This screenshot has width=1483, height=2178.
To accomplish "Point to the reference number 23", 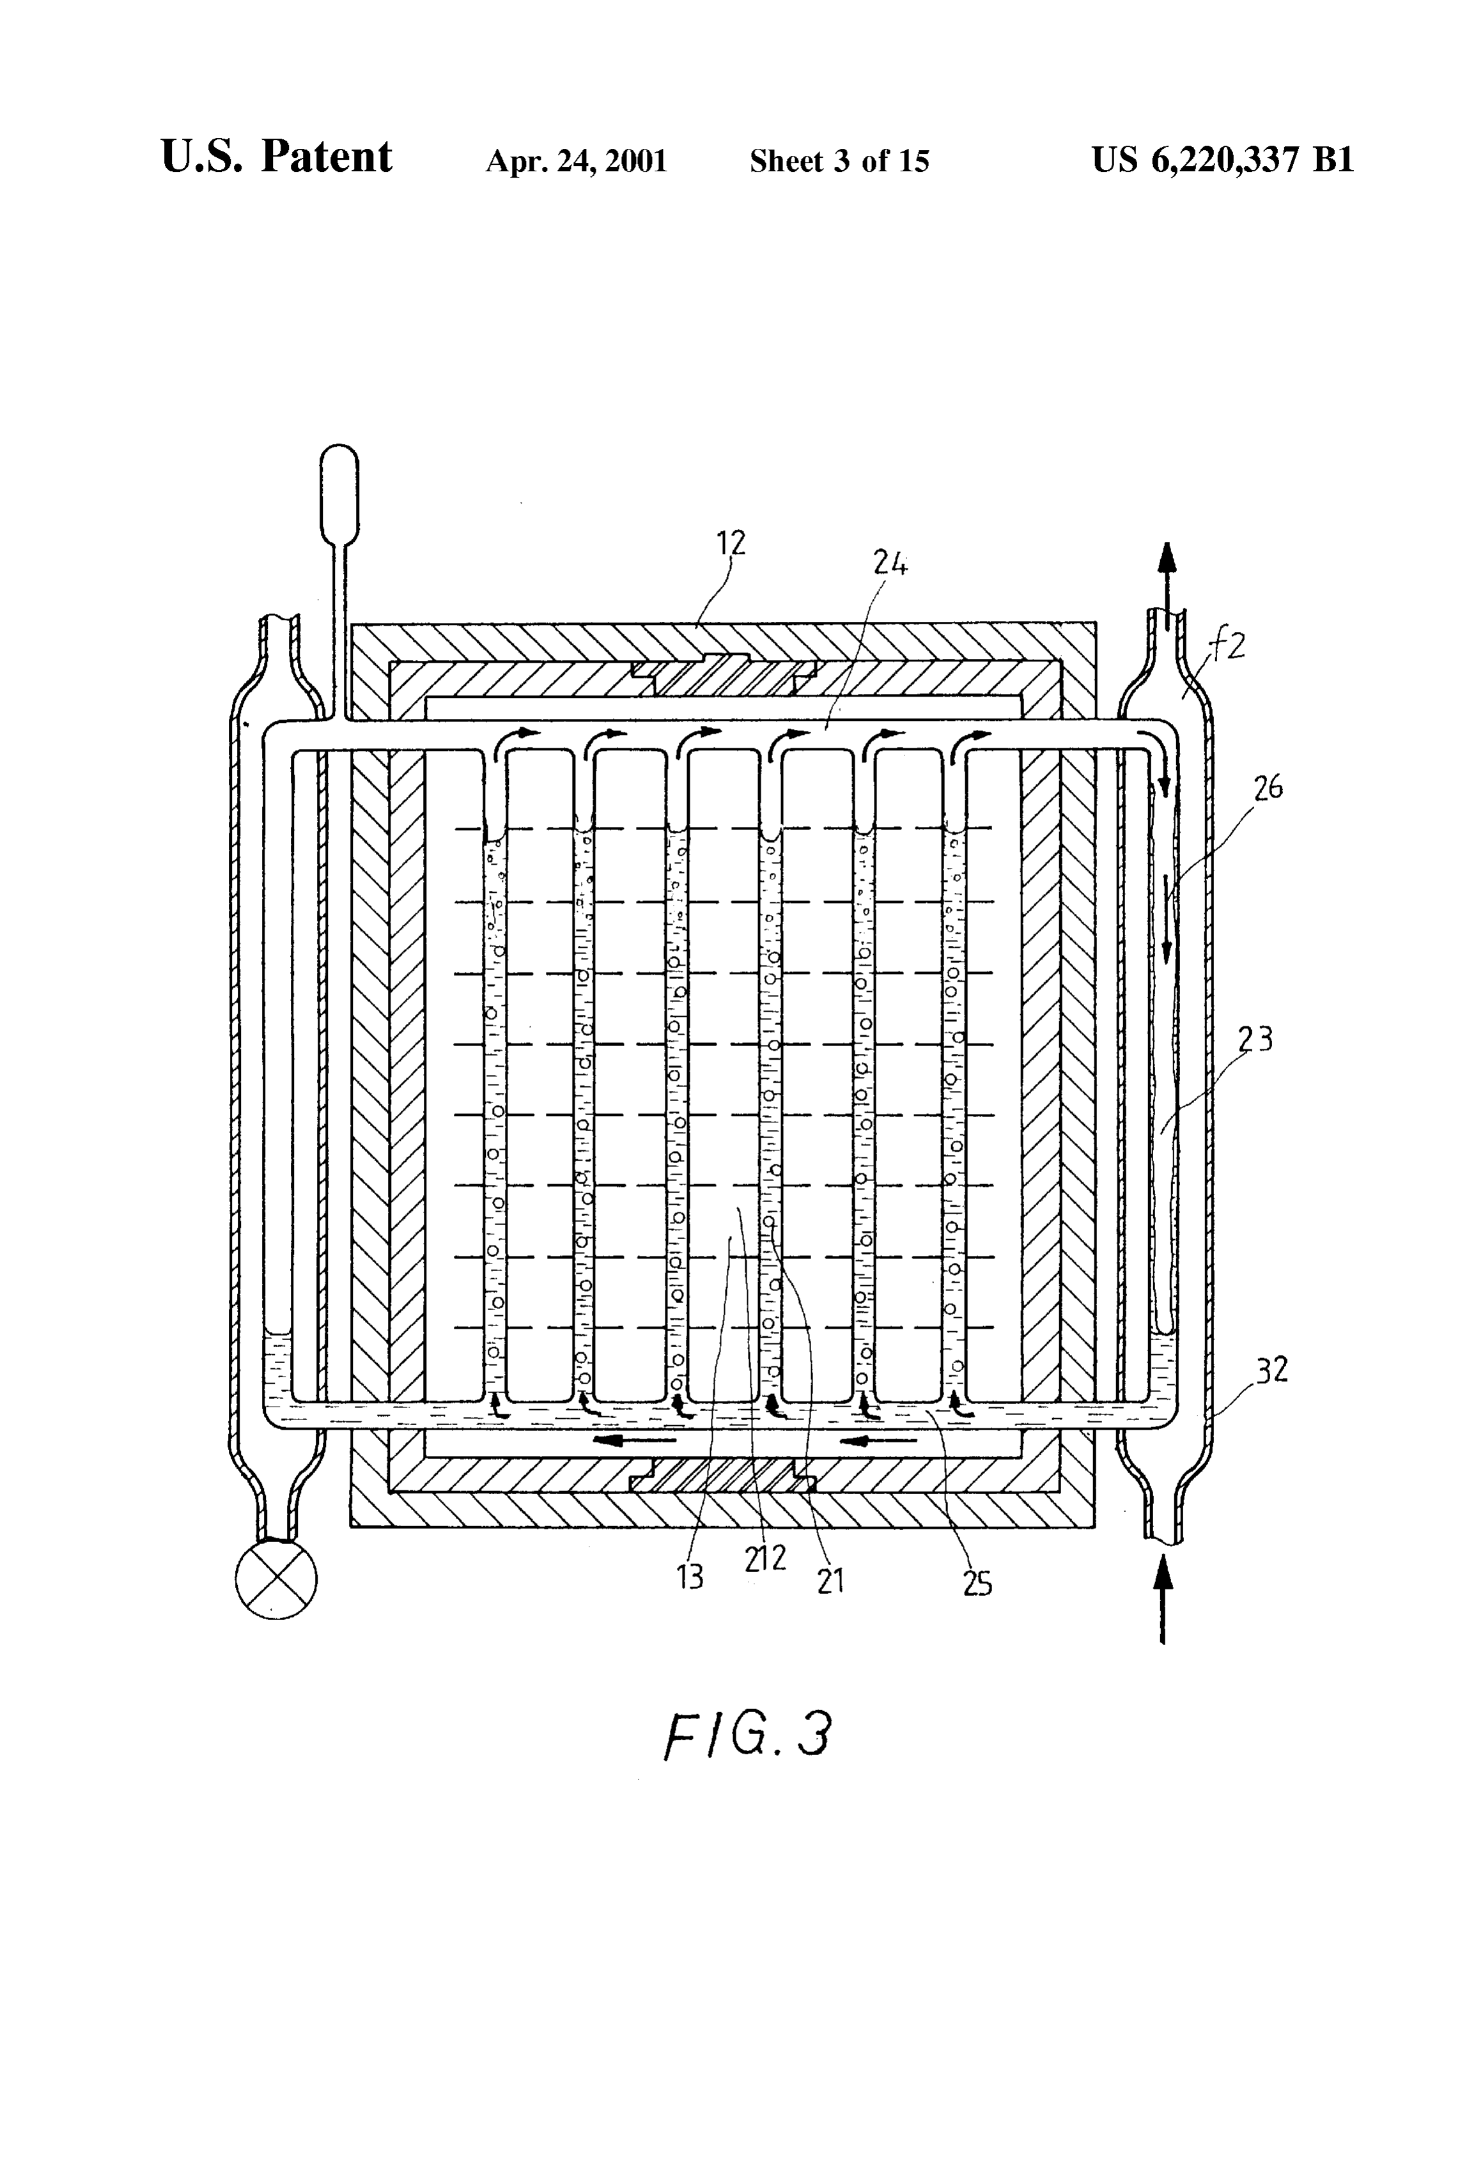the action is click(x=1256, y=1039).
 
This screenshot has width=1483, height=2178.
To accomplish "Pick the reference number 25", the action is click(x=977, y=1583).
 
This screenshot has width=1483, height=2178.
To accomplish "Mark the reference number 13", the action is click(x=690, y=1577).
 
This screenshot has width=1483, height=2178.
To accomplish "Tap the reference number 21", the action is click(x=830, y=1580).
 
